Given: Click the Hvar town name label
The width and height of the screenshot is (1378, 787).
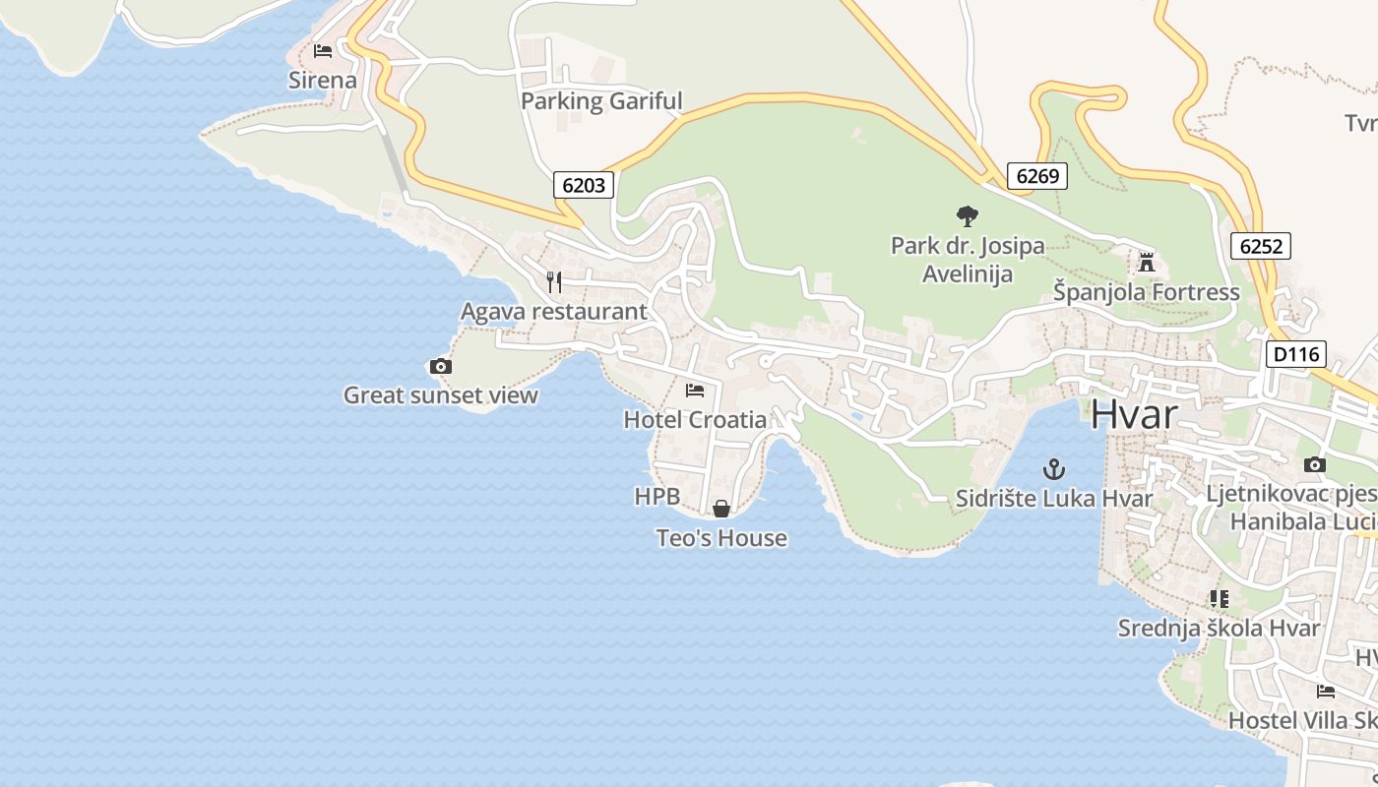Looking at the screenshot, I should click(x=1133, y=414).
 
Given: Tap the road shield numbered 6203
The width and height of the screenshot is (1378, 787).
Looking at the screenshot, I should click(x=584, y=184).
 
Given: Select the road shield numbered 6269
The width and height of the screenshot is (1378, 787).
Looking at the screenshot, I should click(x=1037, y=176).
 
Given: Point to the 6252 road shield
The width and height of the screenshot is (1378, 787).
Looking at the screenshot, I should click(x=1261, y=246).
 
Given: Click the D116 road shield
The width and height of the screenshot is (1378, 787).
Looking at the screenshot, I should click(x=1296, y=354).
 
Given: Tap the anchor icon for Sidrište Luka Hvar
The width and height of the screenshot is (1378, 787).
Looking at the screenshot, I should click(x=1054, y=468).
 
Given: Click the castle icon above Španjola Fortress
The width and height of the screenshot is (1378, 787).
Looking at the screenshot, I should click(x=1146, y=263).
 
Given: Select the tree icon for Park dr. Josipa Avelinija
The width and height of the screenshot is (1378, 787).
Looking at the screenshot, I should click(x=968, y=215).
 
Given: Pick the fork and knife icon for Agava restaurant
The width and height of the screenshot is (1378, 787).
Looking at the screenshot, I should click(x=554, y=282).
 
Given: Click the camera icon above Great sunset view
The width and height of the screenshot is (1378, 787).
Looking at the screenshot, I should click(x=441, y=366).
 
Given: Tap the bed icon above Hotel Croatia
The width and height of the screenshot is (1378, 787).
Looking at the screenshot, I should click(x=695, y=390).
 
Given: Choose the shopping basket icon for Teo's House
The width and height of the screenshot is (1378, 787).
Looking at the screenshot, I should click(x=721, y=508).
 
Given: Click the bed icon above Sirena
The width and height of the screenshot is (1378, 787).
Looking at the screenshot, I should click(x=323, y=50).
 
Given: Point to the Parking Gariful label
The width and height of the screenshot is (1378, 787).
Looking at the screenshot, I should click(x=601, y=100).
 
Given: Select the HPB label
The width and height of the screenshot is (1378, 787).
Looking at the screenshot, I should click(x=658, y=497).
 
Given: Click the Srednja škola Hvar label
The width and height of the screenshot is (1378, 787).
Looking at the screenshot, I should click(x=1219, y=628).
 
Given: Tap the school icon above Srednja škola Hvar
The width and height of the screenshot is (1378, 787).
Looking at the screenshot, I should click(x=1220, y=598).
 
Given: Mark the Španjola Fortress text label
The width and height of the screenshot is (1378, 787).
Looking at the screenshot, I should click(x=1147, y=292).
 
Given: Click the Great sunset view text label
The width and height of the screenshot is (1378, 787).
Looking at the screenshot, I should click(x=441, y=395).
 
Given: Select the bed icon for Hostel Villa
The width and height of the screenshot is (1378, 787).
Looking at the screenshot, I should click(x=1326, y=691).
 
